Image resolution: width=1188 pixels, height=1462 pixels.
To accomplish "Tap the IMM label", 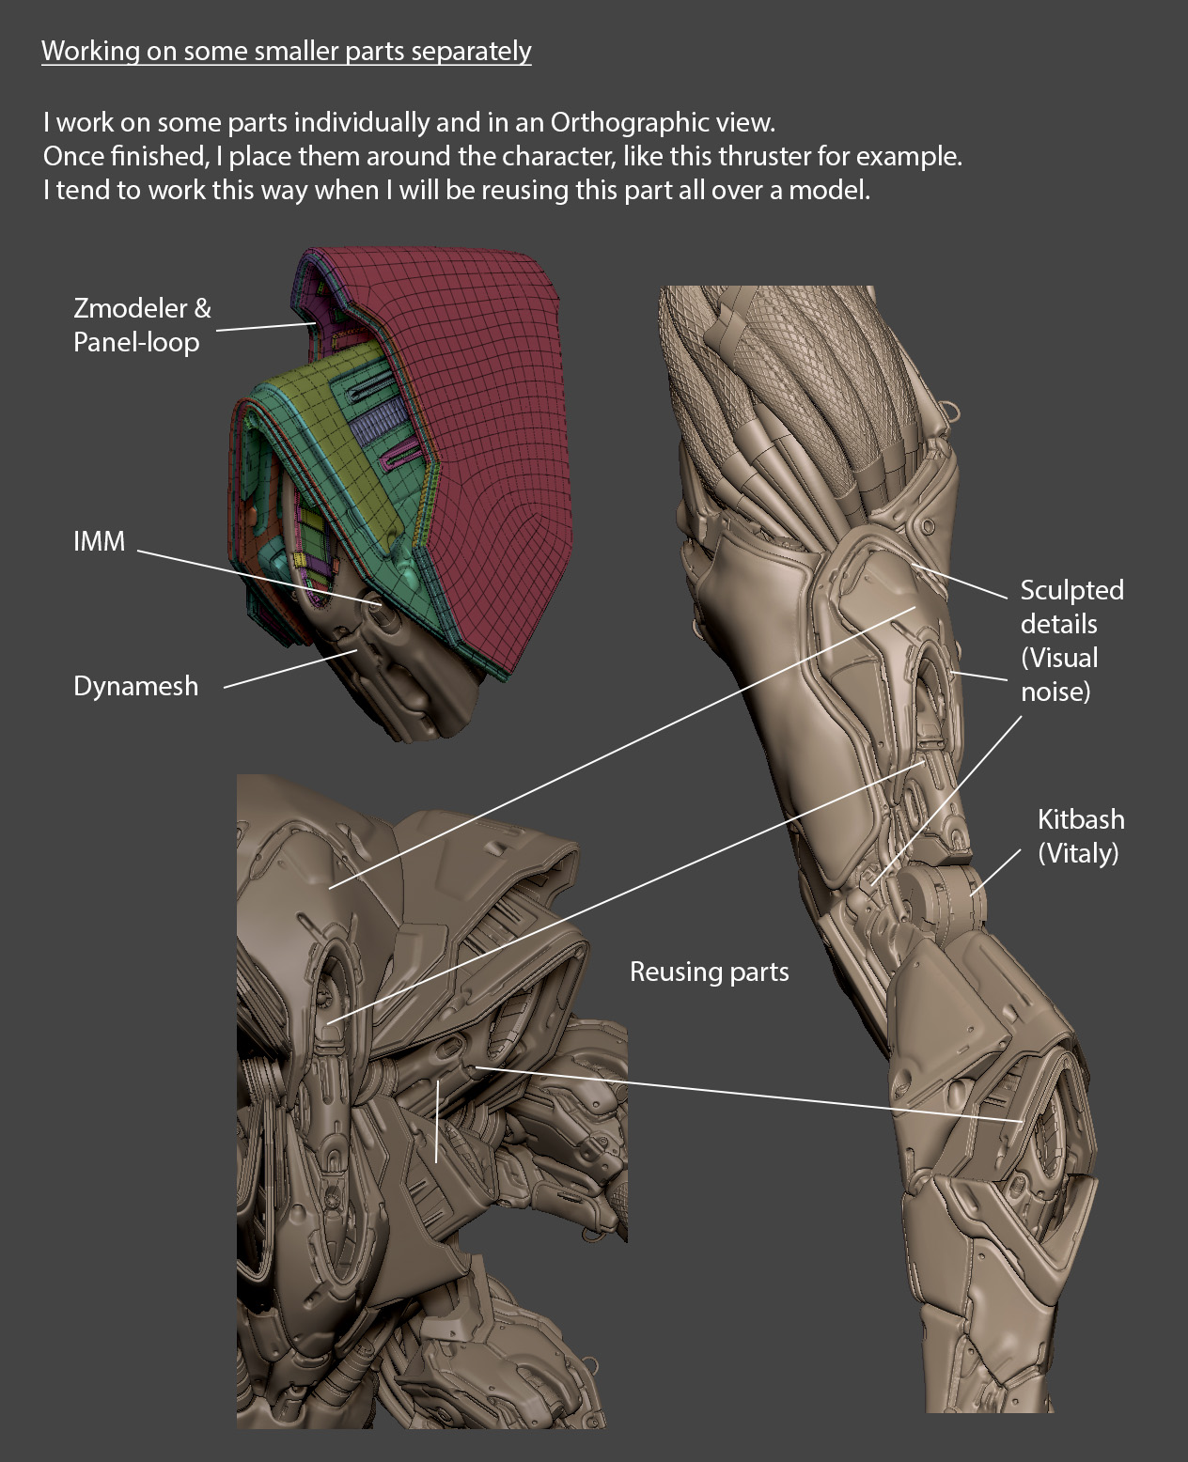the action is coord(100,541).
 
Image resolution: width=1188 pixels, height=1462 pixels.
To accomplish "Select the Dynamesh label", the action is coord(136,687).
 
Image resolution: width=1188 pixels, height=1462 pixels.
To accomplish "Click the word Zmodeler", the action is coord(131,308).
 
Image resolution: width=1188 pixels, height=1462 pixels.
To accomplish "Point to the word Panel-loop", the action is coord(136,343).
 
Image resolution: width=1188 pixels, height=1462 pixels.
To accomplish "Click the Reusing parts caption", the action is coord(710,972).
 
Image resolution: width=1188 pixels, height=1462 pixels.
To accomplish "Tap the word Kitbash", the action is coord(1081,819).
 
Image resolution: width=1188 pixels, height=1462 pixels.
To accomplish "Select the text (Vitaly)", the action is coord(1078,854).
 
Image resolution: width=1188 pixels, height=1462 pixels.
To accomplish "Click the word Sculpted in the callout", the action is coord(1072,591).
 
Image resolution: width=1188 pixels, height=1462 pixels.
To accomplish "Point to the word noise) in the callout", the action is coord(1055,692).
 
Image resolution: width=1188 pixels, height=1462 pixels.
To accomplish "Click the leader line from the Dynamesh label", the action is coord(289,669).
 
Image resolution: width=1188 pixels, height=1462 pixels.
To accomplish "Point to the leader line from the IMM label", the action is coord(258,577).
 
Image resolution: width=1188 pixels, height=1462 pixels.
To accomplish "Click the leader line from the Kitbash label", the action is coord(995,872).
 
